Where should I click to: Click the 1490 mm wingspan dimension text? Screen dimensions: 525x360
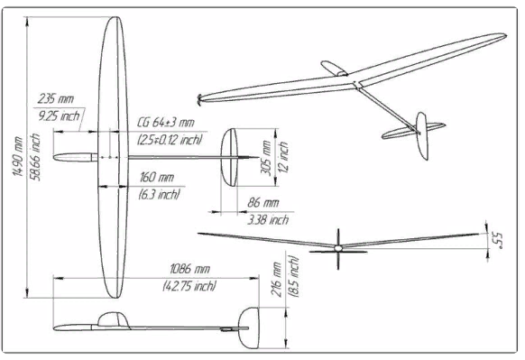17,156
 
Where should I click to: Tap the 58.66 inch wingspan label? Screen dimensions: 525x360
35,157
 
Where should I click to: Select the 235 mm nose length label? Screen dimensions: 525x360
56,98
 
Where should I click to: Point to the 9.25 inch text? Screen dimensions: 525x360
59,115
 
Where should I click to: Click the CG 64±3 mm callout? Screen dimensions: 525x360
166,122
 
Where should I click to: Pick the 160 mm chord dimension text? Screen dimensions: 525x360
156,177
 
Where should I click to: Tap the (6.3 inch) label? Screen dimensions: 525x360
160,194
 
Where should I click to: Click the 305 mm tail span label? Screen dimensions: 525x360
266,157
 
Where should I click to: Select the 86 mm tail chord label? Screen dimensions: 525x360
262,203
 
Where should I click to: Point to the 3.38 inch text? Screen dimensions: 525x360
268,219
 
